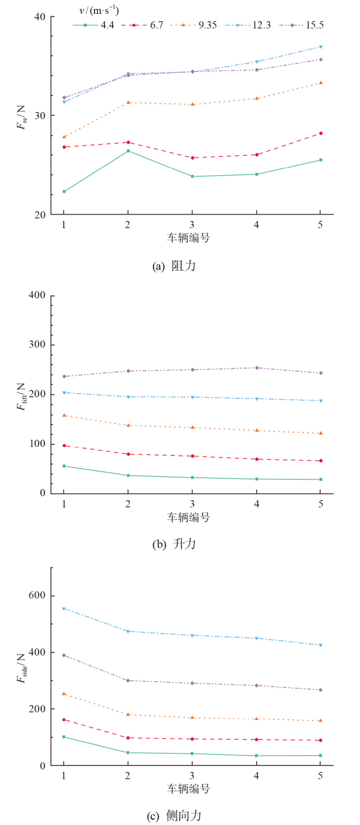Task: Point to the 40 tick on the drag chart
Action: point(40,17)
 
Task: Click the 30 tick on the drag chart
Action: point(40,116)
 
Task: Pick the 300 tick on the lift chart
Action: point(38,345)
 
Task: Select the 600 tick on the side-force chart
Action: point(38,595)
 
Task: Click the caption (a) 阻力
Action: point(174,266)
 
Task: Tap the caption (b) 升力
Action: point(174,544)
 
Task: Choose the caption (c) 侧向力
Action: point(174,816)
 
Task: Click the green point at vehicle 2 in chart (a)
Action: point(128,151)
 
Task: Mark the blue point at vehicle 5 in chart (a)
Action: point(320,47)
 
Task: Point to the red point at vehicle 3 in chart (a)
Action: point(192,158)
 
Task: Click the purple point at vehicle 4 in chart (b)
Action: point(256,367)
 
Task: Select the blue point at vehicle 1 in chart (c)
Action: point(64,609)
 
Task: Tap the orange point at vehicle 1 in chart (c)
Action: point(64,694)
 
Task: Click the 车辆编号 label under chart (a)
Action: point(188,238)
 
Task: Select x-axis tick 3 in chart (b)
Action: point(192,503)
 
